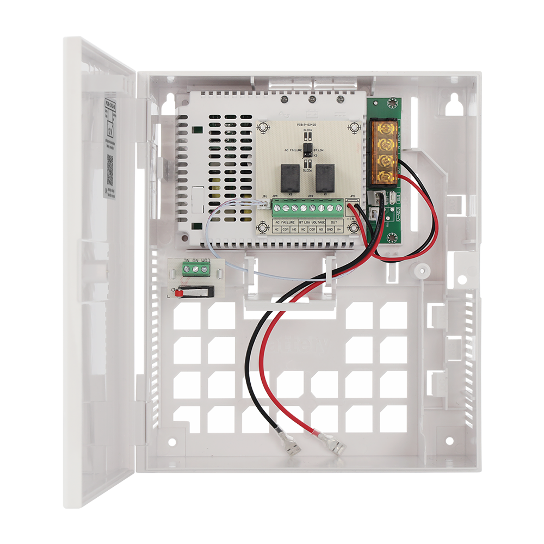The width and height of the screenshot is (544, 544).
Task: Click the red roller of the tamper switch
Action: pyautogui.click(x=178, y=293)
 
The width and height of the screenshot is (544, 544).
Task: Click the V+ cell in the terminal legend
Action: pyautogui.click(x=339, y=230)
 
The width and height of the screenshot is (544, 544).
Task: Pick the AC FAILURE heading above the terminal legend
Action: pyautogui.click(x=286, y=222)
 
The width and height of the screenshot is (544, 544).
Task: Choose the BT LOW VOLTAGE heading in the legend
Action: pyautogui.click(x=312, y=222)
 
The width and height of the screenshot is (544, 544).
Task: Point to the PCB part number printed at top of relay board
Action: pyautogui.click(x=308, y=124)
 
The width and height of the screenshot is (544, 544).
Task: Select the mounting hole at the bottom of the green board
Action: pyautogui.click(x=391, y=237)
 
